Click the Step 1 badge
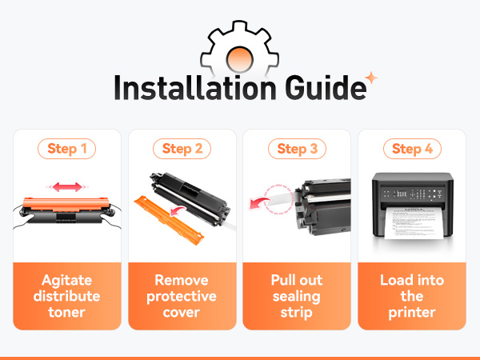point(66,149)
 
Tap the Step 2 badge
point(182,149)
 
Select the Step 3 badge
point(297,149)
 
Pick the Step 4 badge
point(412,149)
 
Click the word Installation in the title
point(195,88)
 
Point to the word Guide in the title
point(326,88)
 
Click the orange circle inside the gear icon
point(240,58)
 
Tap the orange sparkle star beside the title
point(371,78)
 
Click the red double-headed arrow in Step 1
point(67,186)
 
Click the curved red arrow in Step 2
point(178,210)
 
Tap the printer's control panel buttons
point(413,194)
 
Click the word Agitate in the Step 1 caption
point(66,281)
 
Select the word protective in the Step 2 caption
point(182,297)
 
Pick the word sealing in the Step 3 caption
point(296,297)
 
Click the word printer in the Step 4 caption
point(412,313)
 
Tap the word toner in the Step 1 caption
point(66,313)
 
